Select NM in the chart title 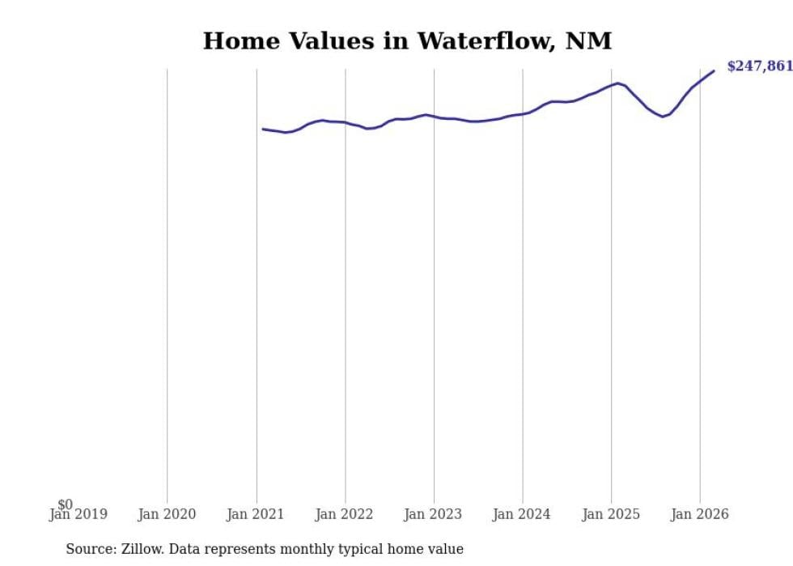593,41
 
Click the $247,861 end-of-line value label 759,66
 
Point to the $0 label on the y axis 65,504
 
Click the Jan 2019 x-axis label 78,514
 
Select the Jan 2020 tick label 167,514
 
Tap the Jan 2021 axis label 256,514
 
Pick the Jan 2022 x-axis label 345,514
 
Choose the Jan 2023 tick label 433,514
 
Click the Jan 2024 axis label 522,514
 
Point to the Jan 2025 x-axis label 611,514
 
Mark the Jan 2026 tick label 700,514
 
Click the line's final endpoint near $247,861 714,70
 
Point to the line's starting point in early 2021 263,129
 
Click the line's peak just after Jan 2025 618,83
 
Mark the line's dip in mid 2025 663,117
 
